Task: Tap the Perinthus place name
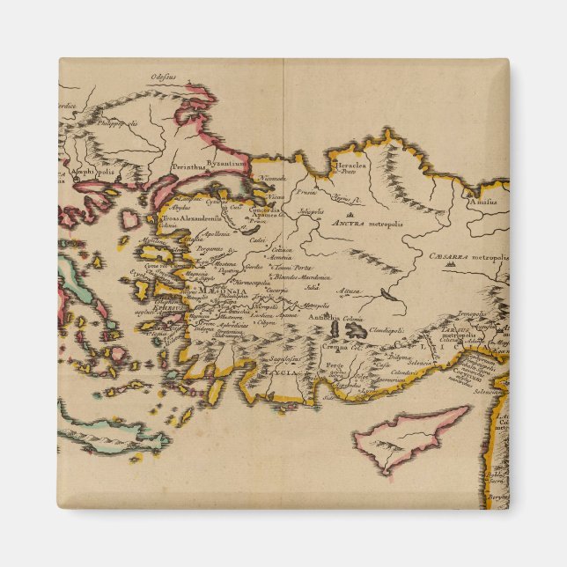coord(188,165)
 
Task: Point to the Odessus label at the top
coord(164,77)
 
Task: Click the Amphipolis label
coord(92,173)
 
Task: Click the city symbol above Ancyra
coord(350,213)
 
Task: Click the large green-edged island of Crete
coord(110,434)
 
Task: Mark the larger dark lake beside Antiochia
coord(355,330)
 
